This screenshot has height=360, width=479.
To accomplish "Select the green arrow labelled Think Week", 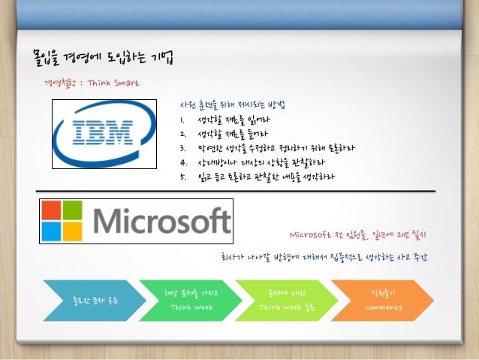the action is point(185,301).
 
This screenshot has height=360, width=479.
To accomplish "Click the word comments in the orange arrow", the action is point(384,307).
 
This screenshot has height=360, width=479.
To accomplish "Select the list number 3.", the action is point(182,147).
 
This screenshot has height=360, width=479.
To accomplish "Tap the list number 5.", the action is point(182,177).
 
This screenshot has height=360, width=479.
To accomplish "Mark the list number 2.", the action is point(182,133).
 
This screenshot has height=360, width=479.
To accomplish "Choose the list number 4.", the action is point(182,162).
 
